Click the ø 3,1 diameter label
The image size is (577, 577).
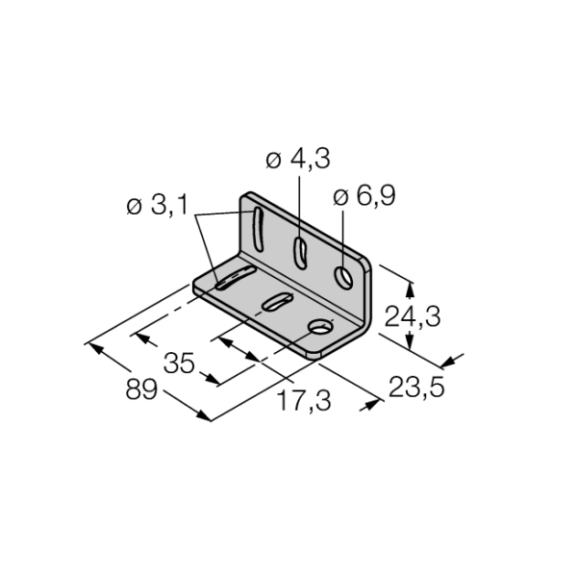pyautogui.click(x=157, y=205)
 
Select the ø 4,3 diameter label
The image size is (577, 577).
pyautogui.click(x=298, y=159)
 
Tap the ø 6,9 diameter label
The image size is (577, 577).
pyautogui.click(x=364, y=195)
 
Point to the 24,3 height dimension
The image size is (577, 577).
pyautogui.click(x=413, y=316)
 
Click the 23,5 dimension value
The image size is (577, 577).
pyautogui.click(x=416, y=388)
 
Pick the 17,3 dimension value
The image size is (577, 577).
pyautogui.click(x=304, y=401)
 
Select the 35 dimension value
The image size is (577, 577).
pyautogui.click(x=179, y=364)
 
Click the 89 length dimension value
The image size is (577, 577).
pyautogui.click(x=141, y=389)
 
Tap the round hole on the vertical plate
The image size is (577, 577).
pyautogui.click(x=343, y=278)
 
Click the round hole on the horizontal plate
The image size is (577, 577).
pyautogui.click(x=321, y=327)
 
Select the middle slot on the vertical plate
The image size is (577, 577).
pyautogui.click(x=300, y=253)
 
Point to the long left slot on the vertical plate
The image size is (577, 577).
pyautogui.click(x=258, y=230)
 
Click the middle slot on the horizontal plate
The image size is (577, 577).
pyautogui.click(x=277, y=301)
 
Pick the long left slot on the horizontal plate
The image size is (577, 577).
pyautogui.click(x=236, y=278)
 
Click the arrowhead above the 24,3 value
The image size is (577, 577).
pyautogui.click(x=410, y=289)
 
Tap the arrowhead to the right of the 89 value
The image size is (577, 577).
pyautogui.click(x=204, y=414)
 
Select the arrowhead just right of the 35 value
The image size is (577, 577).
pyautogui.click(x=213, y=379)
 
